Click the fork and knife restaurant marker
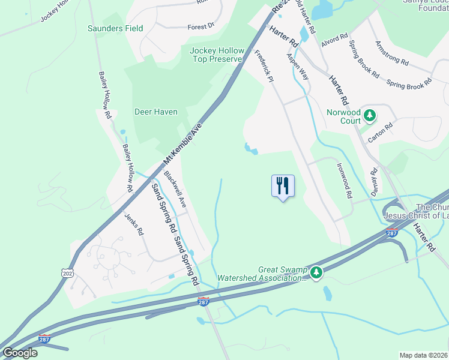(x=283, y=185)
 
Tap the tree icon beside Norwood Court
(x=370, y=115)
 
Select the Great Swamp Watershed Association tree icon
(x=316, y=274)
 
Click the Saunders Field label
(x=115, y=28)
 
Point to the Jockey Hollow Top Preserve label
(x=217, y=55)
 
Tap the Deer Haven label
(x=155, y=112)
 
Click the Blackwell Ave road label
(x=175, y=190)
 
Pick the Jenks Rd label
(x=134, y=224)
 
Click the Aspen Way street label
(x=297, y=67)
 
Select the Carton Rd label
(x=380, y=133)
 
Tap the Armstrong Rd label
(x=391, y=53)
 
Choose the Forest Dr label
(x=200, y=26)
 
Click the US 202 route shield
(x=66, y=272)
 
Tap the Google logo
(x=20, y=353)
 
